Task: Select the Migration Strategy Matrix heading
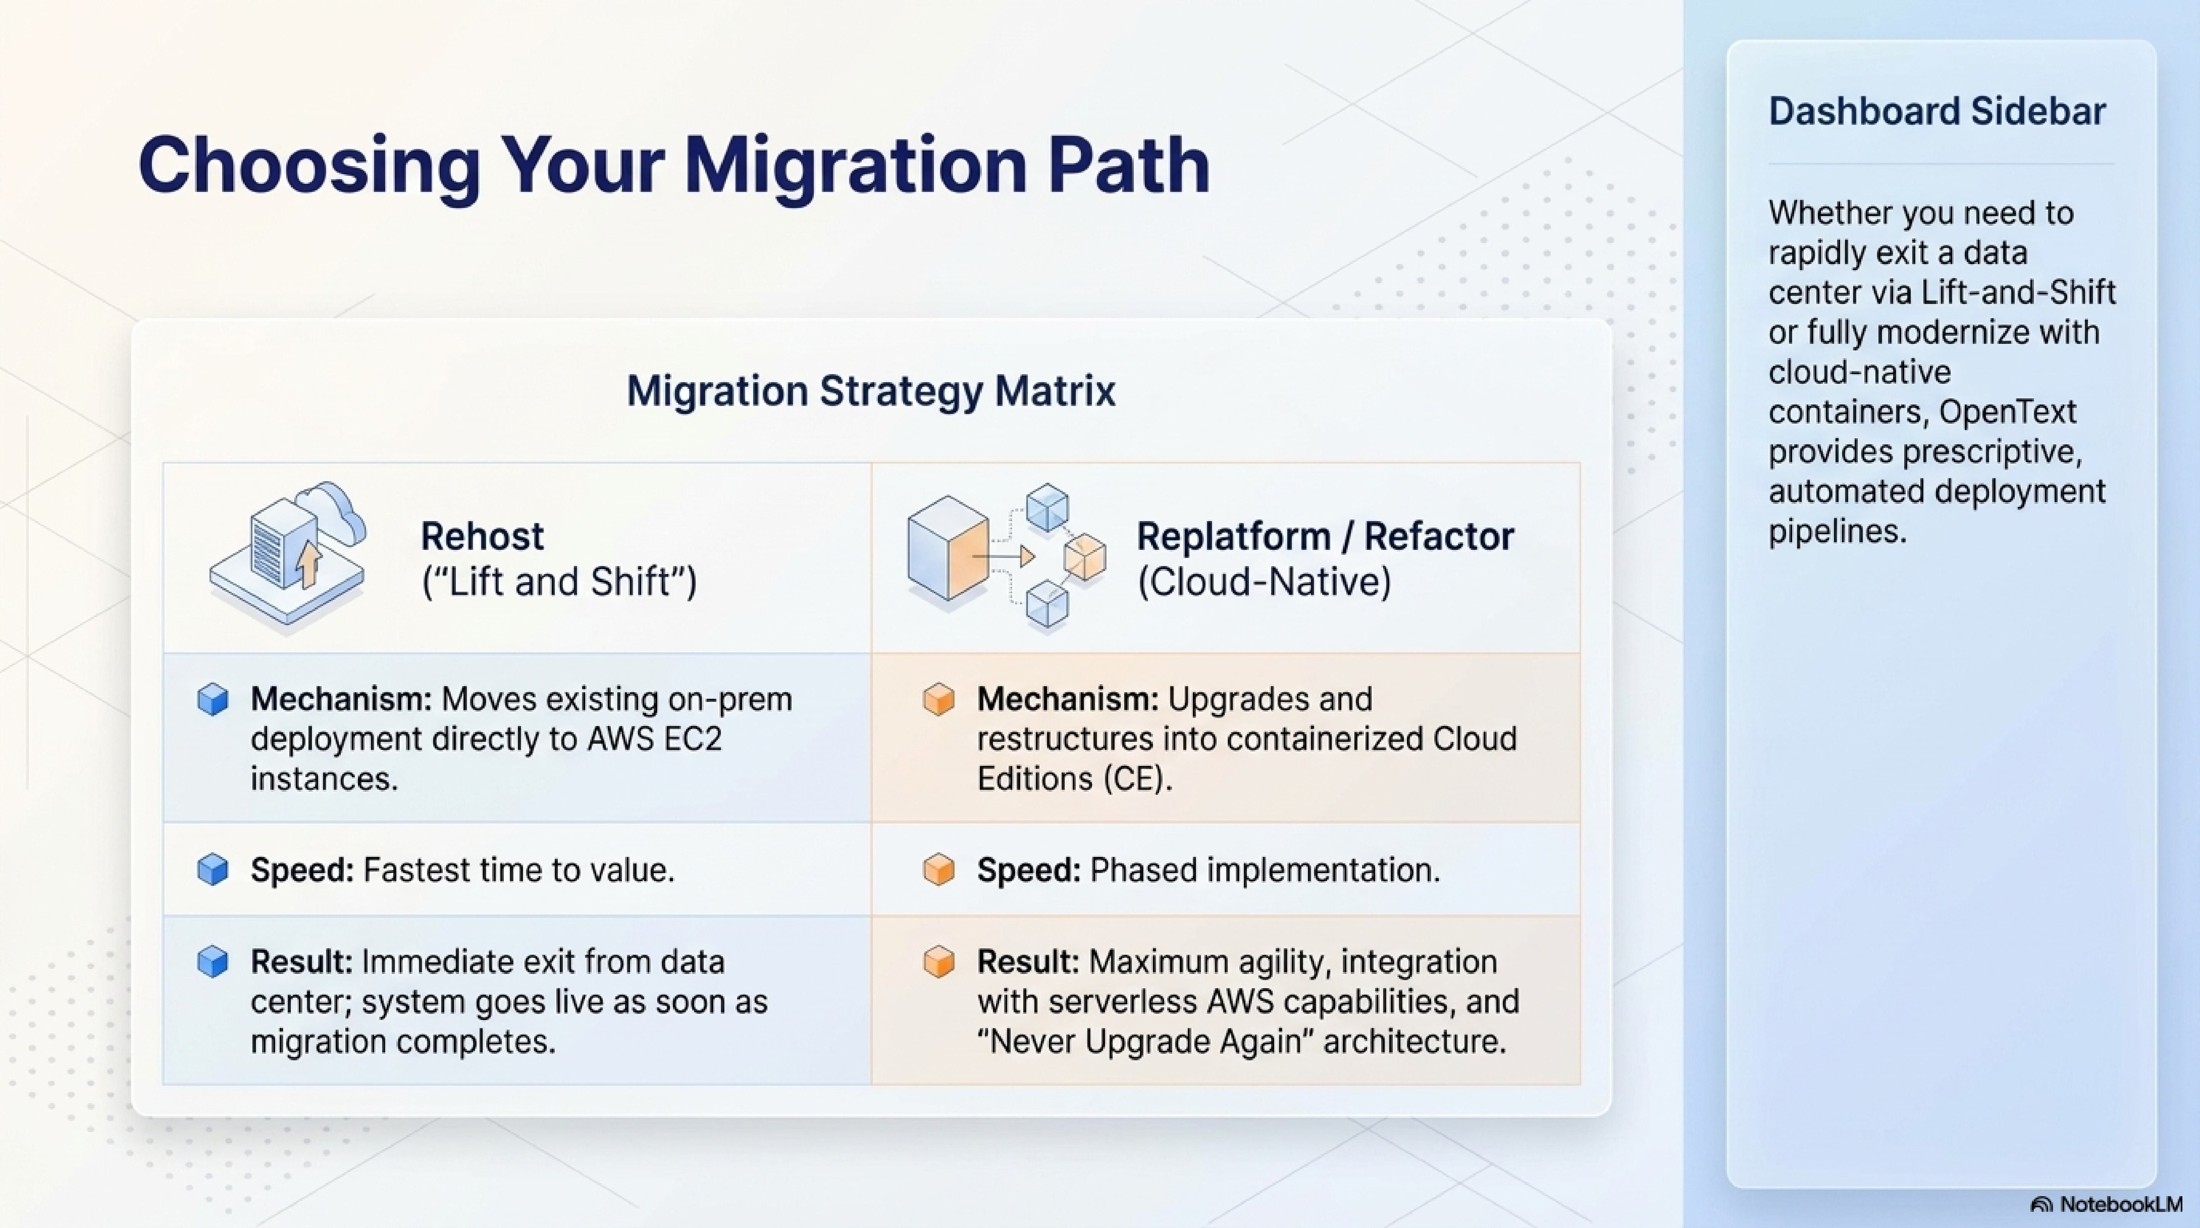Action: point(871,391)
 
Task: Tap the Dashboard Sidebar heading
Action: point(1937,111)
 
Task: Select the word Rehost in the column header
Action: point(483,536)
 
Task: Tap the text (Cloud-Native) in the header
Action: point(1264,581)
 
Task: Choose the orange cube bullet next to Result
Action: point(938,962)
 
